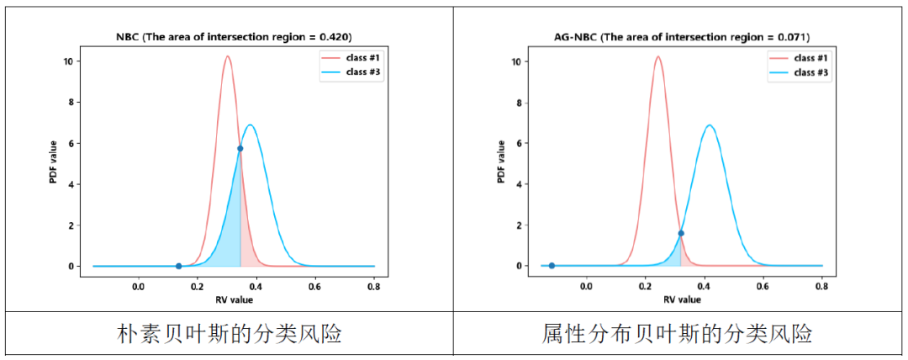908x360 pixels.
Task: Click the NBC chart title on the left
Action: point(233,37)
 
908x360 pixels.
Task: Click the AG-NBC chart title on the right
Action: point(681,37)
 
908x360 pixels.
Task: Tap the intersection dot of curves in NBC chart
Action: point(240,148)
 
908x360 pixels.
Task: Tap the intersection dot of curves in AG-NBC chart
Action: point(680,233)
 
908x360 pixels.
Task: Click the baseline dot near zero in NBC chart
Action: point(178,266)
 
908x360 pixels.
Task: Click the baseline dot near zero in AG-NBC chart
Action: point(552,266)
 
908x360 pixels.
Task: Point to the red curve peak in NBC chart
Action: point(227,57)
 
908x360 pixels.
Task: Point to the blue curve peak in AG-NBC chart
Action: point(710,125)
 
